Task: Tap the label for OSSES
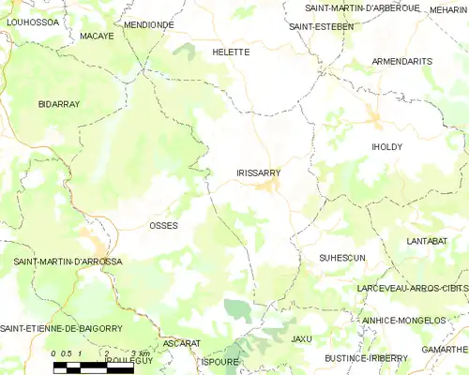point(163,226)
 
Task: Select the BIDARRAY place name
point(59,103)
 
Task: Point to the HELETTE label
point(231,52)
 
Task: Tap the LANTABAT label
point(427,241)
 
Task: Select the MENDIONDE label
point(149,24)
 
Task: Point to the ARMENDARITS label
point(401,61)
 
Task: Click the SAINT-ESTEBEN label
point(321,26)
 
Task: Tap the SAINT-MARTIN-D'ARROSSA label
point(68,262)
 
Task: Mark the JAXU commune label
point(301,338)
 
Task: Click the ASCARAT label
point(181,343)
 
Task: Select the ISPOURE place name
point(220,361)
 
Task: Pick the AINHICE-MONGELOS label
point(403,320)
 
